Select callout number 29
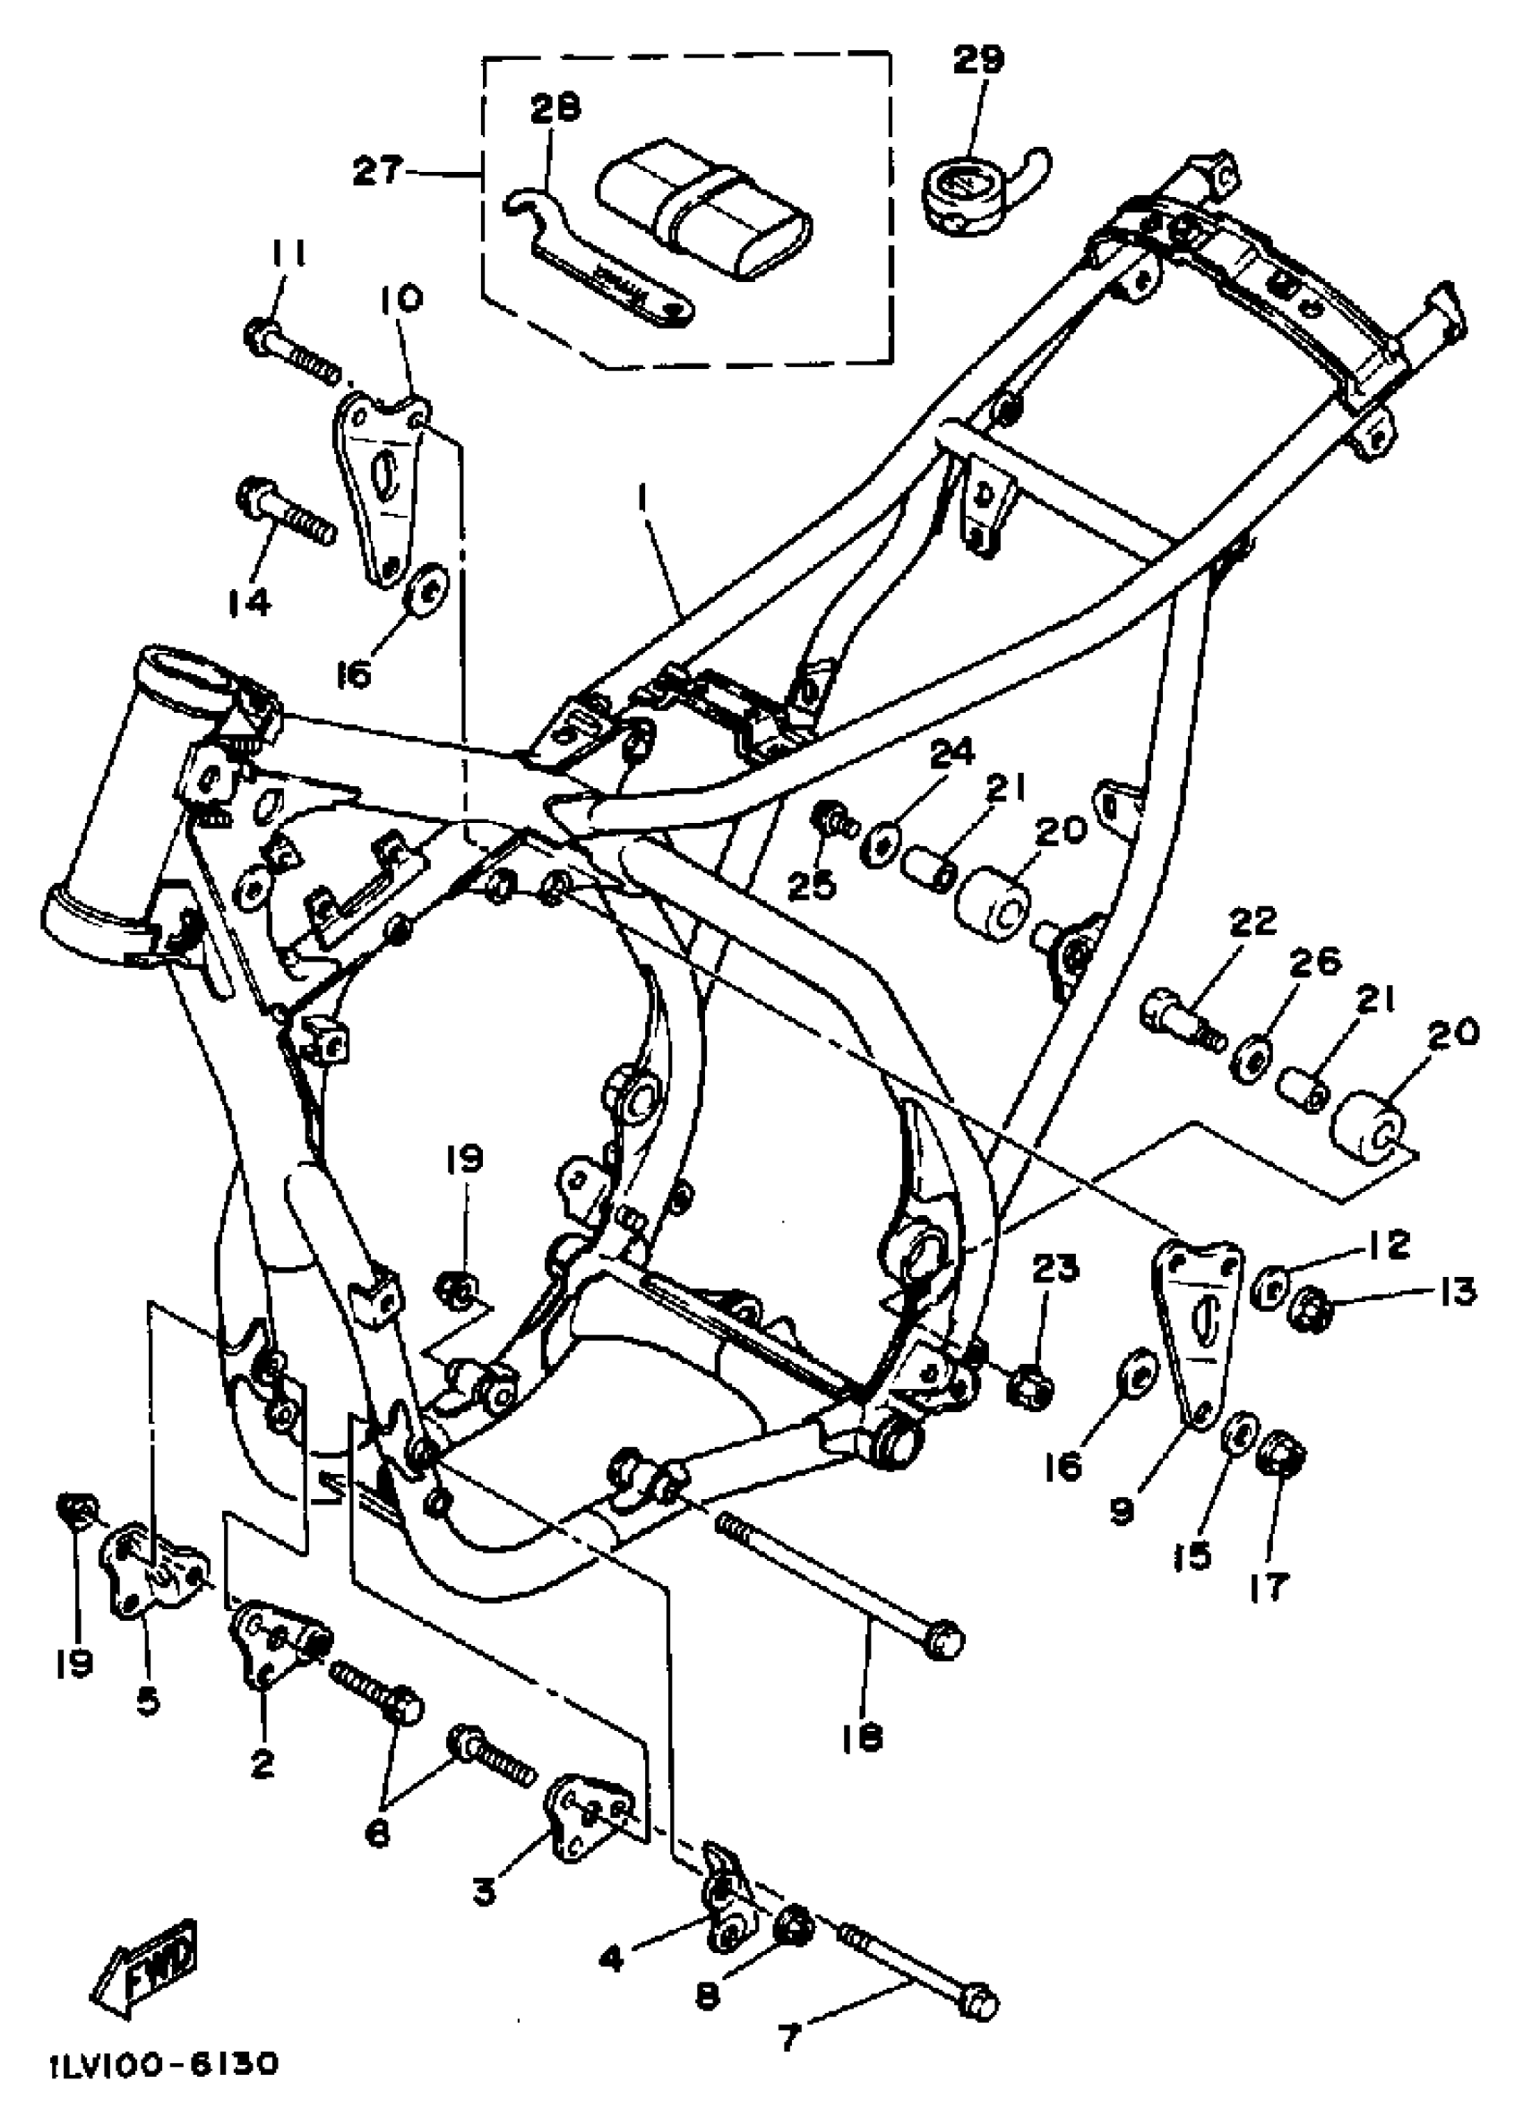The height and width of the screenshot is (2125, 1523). click(x=978, y=59)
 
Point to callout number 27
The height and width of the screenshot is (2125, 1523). click(x=377, y=171)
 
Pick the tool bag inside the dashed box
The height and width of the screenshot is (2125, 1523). click(x=703, y=206)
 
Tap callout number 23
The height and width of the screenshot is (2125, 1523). click(x=1056, y=1268)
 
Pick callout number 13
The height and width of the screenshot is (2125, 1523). click(x=1455, y=1292)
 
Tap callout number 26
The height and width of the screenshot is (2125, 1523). click(x=1316, y=963)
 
